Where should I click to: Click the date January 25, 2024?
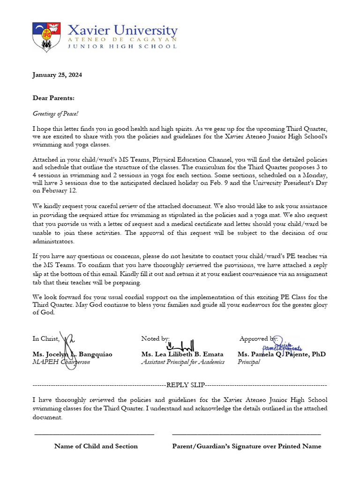pyautogui.click(x=57, y=75)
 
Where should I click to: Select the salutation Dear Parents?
pyautogui.click(x=53, y=98)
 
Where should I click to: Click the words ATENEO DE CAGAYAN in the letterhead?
pyautogui.click(x=122, y=41)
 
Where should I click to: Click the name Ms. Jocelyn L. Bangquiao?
pyautogui.click(x=72, y=354)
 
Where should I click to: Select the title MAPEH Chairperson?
pyautogui.click(x=61, y=362)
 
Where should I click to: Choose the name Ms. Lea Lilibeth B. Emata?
pyautogui.click(x=182, y=354)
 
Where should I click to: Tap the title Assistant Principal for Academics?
pyautogui.click(x=183, y=362)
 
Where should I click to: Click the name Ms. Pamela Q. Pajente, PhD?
pyautogui.click(x=281, y=354)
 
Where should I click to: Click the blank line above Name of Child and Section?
pyautogui.click(x=94, y=435)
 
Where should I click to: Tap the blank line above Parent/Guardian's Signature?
pyautogui.click(x=247, y=435)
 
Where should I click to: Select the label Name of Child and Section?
pyautogui.click(x=96, y=446)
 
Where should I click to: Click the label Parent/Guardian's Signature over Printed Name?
pyautogui.click(x=247, y=446)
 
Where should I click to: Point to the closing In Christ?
pyautogui.click(x=46, y=339)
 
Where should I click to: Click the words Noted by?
pyautogui.click(x=155, y=338)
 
